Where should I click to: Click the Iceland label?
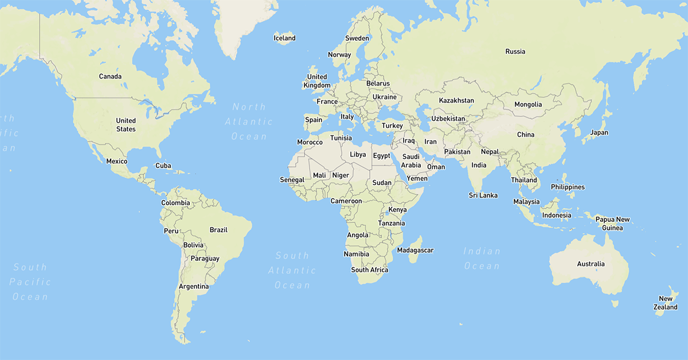click(284, 38)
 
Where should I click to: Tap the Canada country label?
click(110, 76)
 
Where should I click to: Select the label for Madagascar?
click(415, 250)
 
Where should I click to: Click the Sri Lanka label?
click(483, 195)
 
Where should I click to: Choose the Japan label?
click(599, 132)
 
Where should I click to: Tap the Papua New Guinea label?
click(612, 224)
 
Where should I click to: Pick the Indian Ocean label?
click(482, 259)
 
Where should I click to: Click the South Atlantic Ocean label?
click(292, 270)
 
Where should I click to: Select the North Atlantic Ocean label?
click(249, 122)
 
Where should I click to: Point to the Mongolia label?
click(528, 104)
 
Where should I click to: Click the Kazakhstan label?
click(456, 100)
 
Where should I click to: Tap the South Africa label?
click(370, 269)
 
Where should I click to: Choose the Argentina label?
click(193, 286)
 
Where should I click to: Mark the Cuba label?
click(163, 166)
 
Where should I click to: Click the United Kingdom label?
click(317, 81)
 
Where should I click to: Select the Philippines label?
click(568, 187)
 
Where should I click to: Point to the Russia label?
click(515, 52)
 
